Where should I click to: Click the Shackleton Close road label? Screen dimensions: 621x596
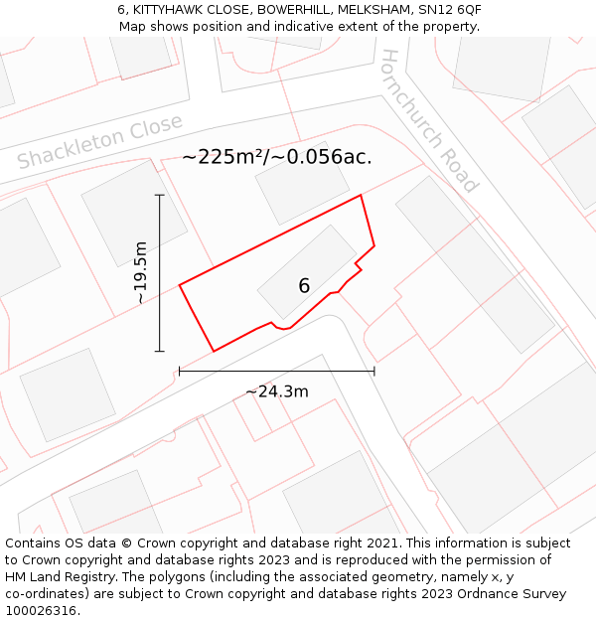[x=100, y=142]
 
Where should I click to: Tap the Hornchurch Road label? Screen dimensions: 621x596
[x=430, y=120]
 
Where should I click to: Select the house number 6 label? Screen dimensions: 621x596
[x=304, y=286]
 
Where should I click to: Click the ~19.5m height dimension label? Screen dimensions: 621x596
[x=140, y=272]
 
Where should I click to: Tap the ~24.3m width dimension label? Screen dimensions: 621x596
[x=277, y=391]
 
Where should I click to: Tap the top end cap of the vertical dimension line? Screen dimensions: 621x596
[x=159, y=195]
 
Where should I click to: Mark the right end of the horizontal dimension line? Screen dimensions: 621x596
[x=374, y=372]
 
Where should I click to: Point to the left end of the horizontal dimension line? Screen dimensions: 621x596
[x=180, y=372]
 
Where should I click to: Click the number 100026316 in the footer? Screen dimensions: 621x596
[x=42, y=611]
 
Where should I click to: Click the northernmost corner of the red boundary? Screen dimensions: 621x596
[x=361, y=195]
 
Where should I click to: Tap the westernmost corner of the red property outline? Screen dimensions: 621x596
[x=180, y=286]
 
